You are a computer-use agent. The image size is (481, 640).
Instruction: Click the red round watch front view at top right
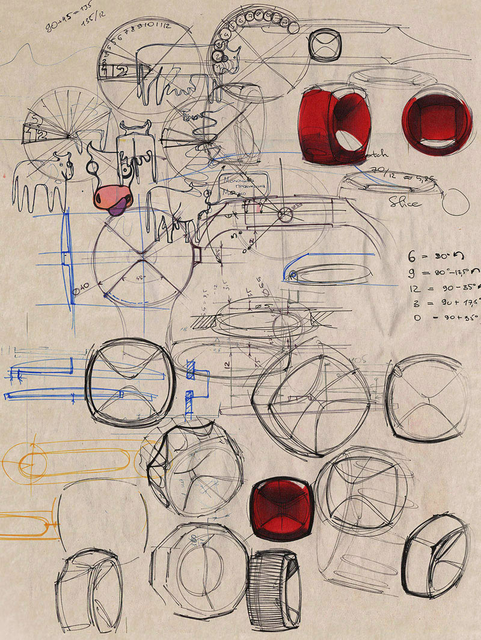(x=430, y=118)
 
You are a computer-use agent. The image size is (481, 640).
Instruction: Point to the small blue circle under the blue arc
(x=293, y=275)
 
